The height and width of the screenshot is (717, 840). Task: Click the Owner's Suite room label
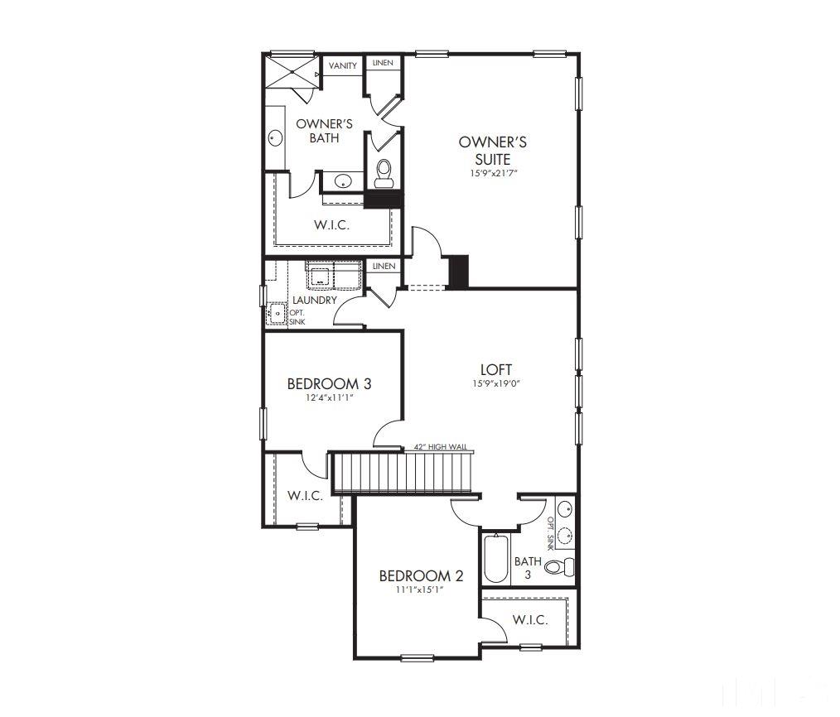pos(492,151)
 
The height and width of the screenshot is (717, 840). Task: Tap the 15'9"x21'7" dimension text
pos(493,174)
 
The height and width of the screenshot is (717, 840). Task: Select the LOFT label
pos(496,369)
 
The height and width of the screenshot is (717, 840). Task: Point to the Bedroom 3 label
pos(329,384)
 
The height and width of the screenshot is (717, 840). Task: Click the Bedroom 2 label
pos(421,576)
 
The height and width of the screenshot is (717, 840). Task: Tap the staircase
pos(401,472)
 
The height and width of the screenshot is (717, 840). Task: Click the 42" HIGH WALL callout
pos(440,447)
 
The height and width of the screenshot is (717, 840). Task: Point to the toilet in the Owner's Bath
pos(384,173)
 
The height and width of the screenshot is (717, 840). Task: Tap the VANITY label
pos(343,66)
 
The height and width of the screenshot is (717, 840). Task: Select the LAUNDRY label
pos(315,300)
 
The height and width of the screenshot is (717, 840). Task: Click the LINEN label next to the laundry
pos(384,267)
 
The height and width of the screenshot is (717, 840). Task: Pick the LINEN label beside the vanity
pos(383,63)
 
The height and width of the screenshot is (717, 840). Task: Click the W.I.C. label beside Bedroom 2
pos(529,620)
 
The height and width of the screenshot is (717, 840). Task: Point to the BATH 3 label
pos(528,567)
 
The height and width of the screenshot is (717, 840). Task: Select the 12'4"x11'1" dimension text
pos(329,397)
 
